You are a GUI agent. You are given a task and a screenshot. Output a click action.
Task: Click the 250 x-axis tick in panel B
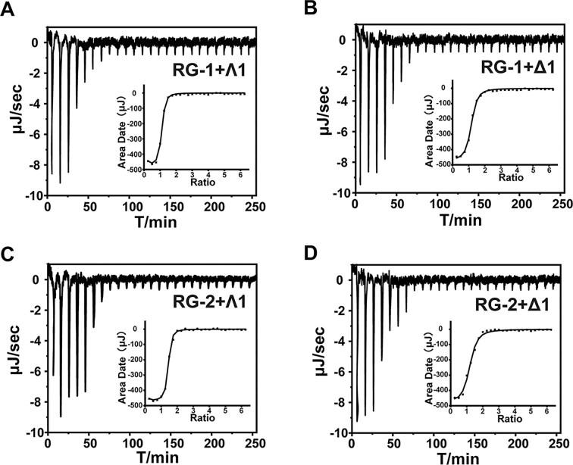pyautogui.click(x=561, y=204)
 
